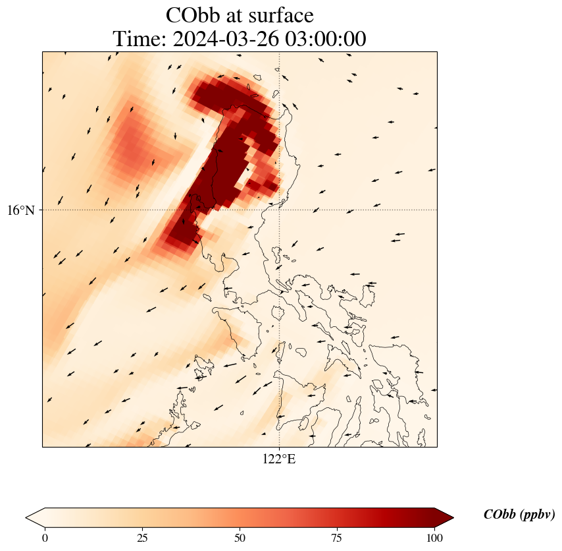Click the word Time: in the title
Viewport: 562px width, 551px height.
pos(140,40)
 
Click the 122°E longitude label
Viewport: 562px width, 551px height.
pos(279,459)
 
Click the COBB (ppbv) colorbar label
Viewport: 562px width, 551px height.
pos(519,515)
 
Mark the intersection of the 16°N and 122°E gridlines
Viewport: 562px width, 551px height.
pos(280,210)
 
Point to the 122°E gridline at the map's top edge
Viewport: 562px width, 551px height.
pos(280,52)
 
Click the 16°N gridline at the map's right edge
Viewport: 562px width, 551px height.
pos(436,210)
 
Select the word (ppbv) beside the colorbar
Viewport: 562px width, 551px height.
pos(536,515)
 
